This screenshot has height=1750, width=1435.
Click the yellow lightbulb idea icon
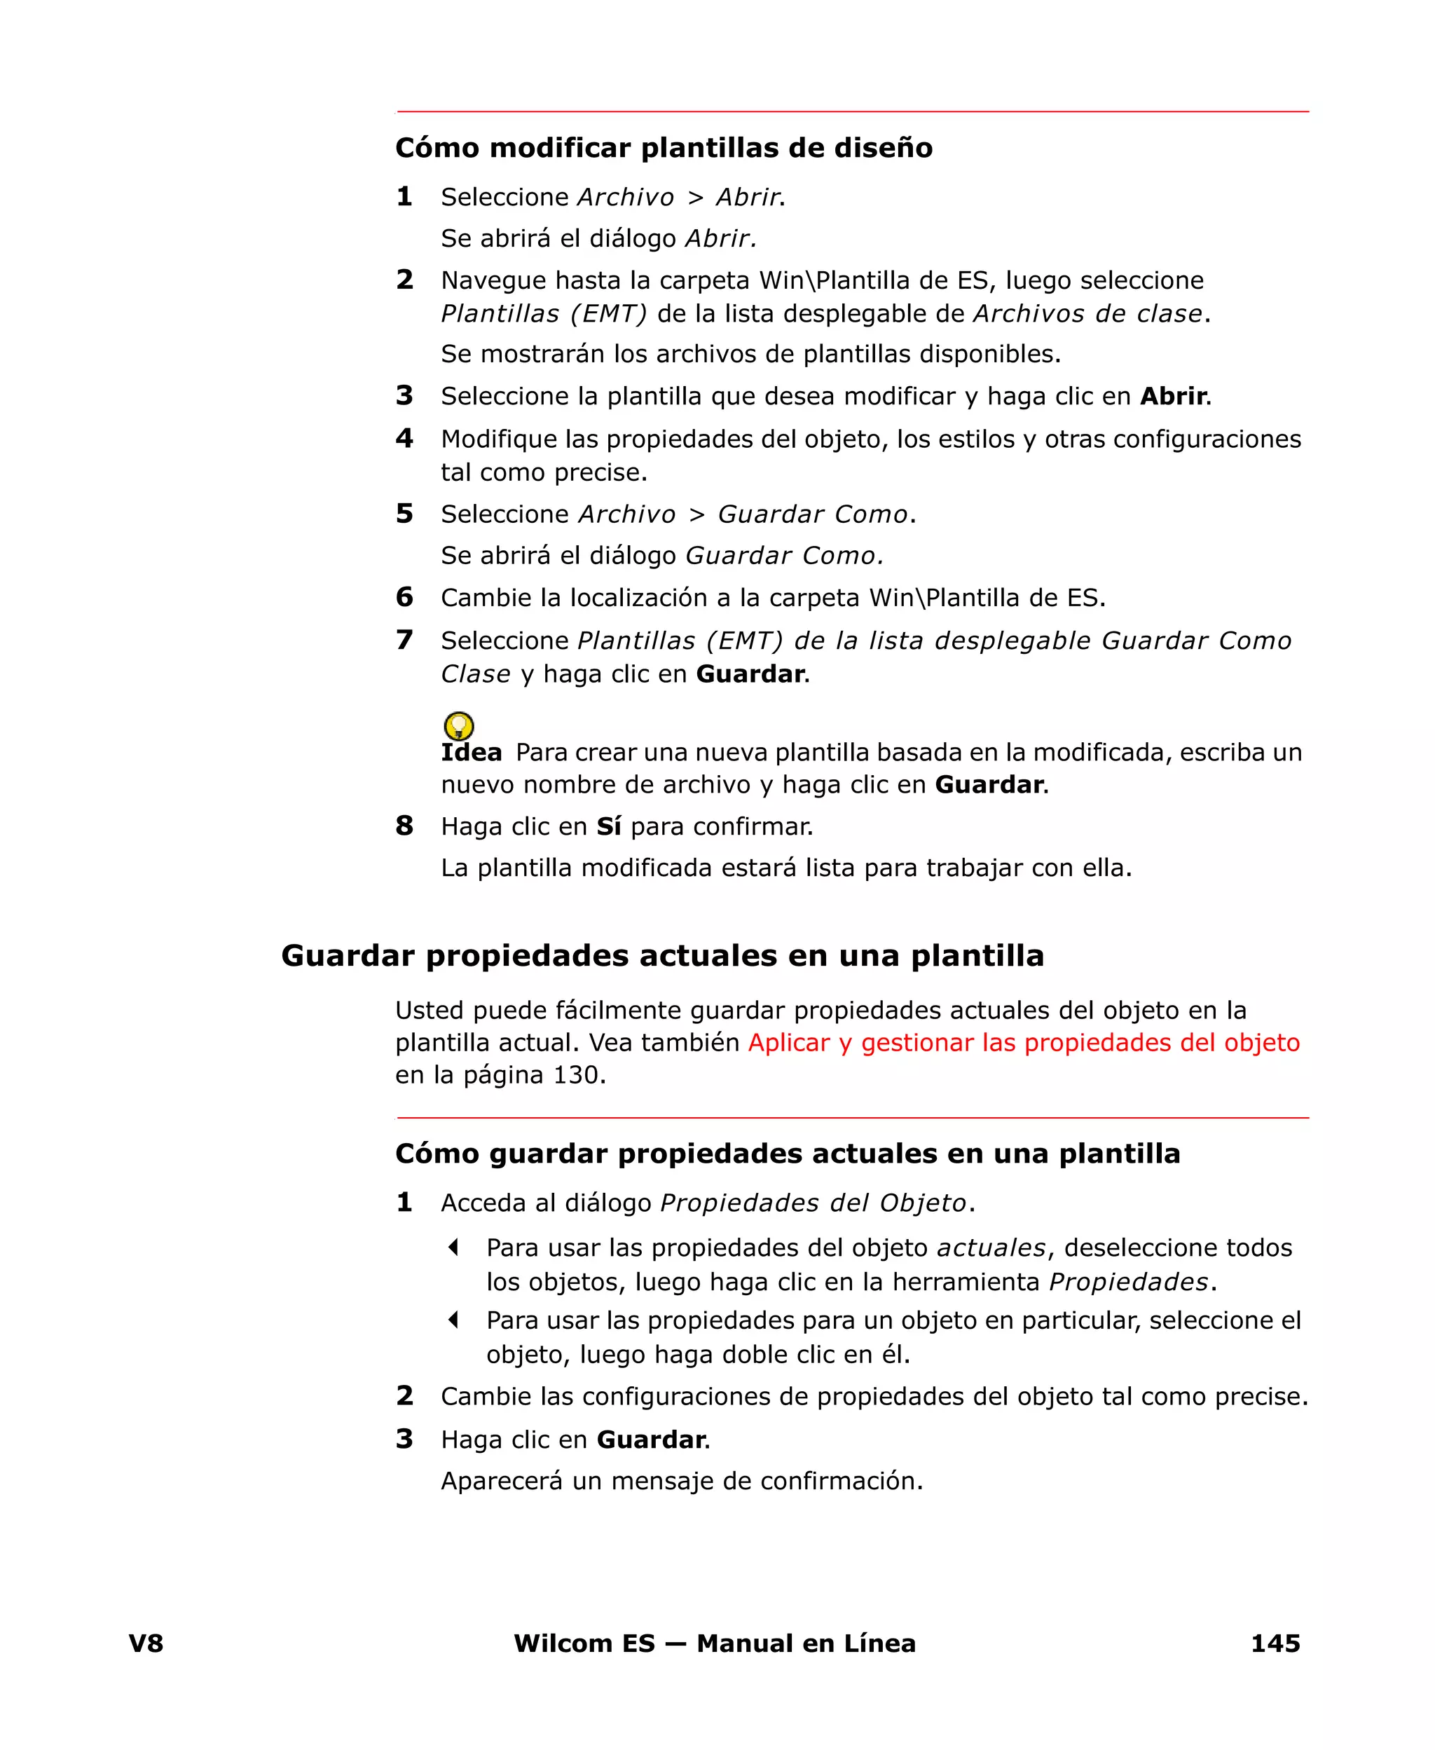[459, 726]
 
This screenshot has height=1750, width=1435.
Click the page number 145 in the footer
[1275, 1643]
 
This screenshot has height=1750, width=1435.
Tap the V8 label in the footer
[146, 1643]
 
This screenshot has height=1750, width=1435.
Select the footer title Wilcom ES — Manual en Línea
[714, 1643]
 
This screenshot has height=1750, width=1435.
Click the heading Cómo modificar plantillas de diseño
[664, 148]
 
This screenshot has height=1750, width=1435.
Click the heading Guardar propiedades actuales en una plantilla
[662, 956]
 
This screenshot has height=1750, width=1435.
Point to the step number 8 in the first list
[404, 825]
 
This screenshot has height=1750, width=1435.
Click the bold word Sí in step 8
[608, 826]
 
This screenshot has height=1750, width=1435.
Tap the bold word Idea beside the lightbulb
[471, 752]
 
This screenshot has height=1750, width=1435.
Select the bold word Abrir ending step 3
[1173, 396]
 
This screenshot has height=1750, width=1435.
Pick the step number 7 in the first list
[404, 640]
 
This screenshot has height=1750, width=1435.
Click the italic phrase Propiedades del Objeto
[813, 1203]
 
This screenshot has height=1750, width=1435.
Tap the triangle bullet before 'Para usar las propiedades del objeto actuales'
[453, 1247]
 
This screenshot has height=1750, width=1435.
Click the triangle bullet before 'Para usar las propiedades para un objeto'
[453, 1320]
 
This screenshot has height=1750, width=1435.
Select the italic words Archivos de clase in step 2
[1087, 314]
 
